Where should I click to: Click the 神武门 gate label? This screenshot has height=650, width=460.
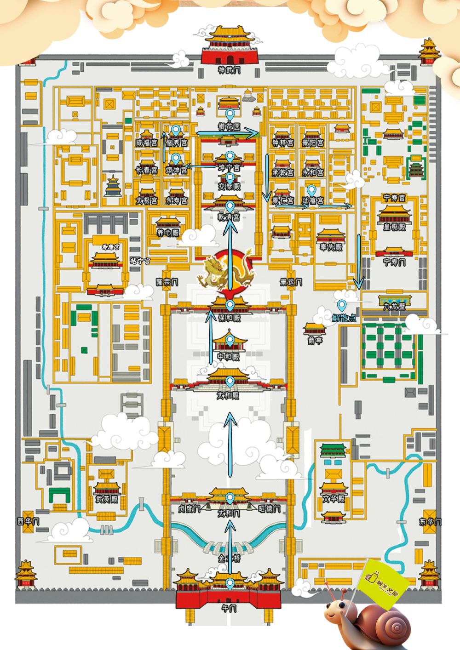230,70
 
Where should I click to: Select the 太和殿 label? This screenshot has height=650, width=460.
230,395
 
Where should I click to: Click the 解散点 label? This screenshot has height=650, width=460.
344,318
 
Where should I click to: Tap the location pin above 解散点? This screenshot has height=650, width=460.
342,305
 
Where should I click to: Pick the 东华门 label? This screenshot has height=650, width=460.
431,522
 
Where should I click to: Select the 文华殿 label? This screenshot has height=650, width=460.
333,499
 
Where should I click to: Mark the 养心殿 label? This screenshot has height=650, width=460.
167,233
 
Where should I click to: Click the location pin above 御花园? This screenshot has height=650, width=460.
229,114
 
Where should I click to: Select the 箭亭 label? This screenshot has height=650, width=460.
315,341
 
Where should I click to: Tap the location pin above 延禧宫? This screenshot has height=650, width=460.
312,189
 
